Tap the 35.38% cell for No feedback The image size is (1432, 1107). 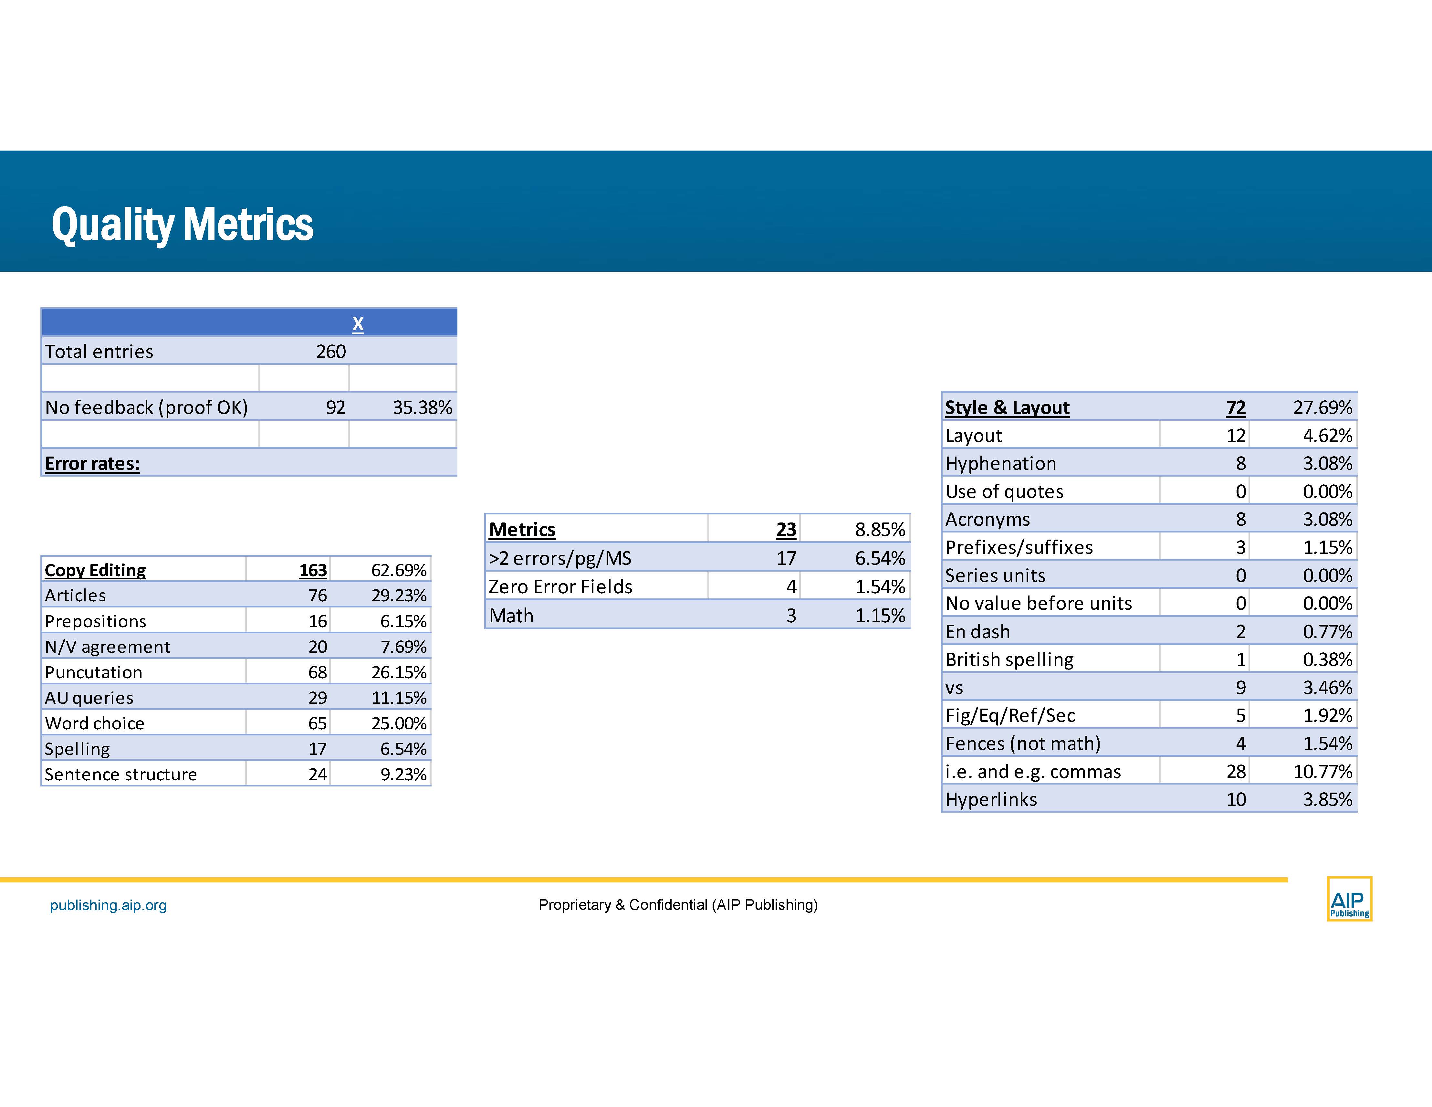(x=422, y=407)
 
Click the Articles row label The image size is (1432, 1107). (x=75, y=596)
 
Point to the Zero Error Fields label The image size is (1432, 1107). (x=560, y=586)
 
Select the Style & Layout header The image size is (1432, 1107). (x=1007, y=407)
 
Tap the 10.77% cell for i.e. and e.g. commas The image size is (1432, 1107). (x=1322, y=771)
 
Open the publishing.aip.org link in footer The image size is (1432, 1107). (x=108, y=905)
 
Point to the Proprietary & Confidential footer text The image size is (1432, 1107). (x=678, y=905)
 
